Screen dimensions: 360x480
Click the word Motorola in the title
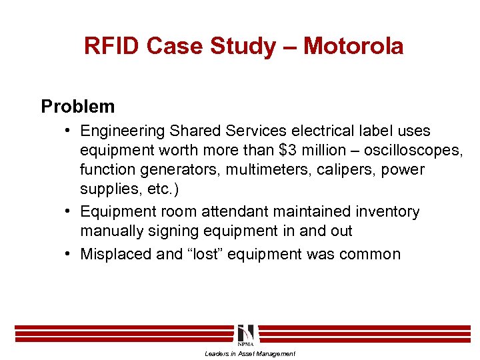353,46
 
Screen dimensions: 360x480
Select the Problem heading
77,106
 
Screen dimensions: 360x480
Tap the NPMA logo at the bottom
245,334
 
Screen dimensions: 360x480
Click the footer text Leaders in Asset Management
250,353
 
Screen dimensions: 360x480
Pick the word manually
111,231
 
